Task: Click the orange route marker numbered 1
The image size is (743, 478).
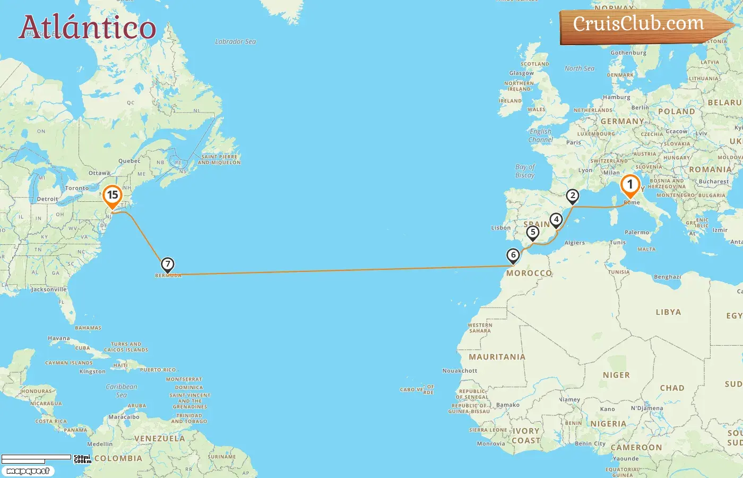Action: click(630, 185)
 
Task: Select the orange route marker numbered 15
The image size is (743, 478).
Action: click(112, 195)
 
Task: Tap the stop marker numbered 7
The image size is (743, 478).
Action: click(167, 264)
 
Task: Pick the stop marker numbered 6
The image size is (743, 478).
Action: click(513, 255)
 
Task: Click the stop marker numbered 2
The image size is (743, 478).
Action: click(572, 196)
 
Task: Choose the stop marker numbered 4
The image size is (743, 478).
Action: click(556, 219)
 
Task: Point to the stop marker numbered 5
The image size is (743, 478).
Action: click(533, 232)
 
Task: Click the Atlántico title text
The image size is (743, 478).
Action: click(88, 27)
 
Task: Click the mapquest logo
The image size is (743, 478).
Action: click(28, 471)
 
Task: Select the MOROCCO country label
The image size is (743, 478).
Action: click(529, 273)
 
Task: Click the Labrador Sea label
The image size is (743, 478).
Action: click(235, 41)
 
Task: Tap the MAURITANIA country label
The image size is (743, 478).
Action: click(497, 357)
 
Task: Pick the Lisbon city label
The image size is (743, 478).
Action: click(500, 228)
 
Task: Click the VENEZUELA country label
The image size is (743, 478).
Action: click(159, 439)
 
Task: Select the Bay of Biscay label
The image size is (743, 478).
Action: click(525, 171)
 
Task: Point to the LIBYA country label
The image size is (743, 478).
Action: click(668, 312)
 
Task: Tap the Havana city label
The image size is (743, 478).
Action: click(58, 338)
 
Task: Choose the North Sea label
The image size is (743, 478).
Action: click(579, 69)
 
